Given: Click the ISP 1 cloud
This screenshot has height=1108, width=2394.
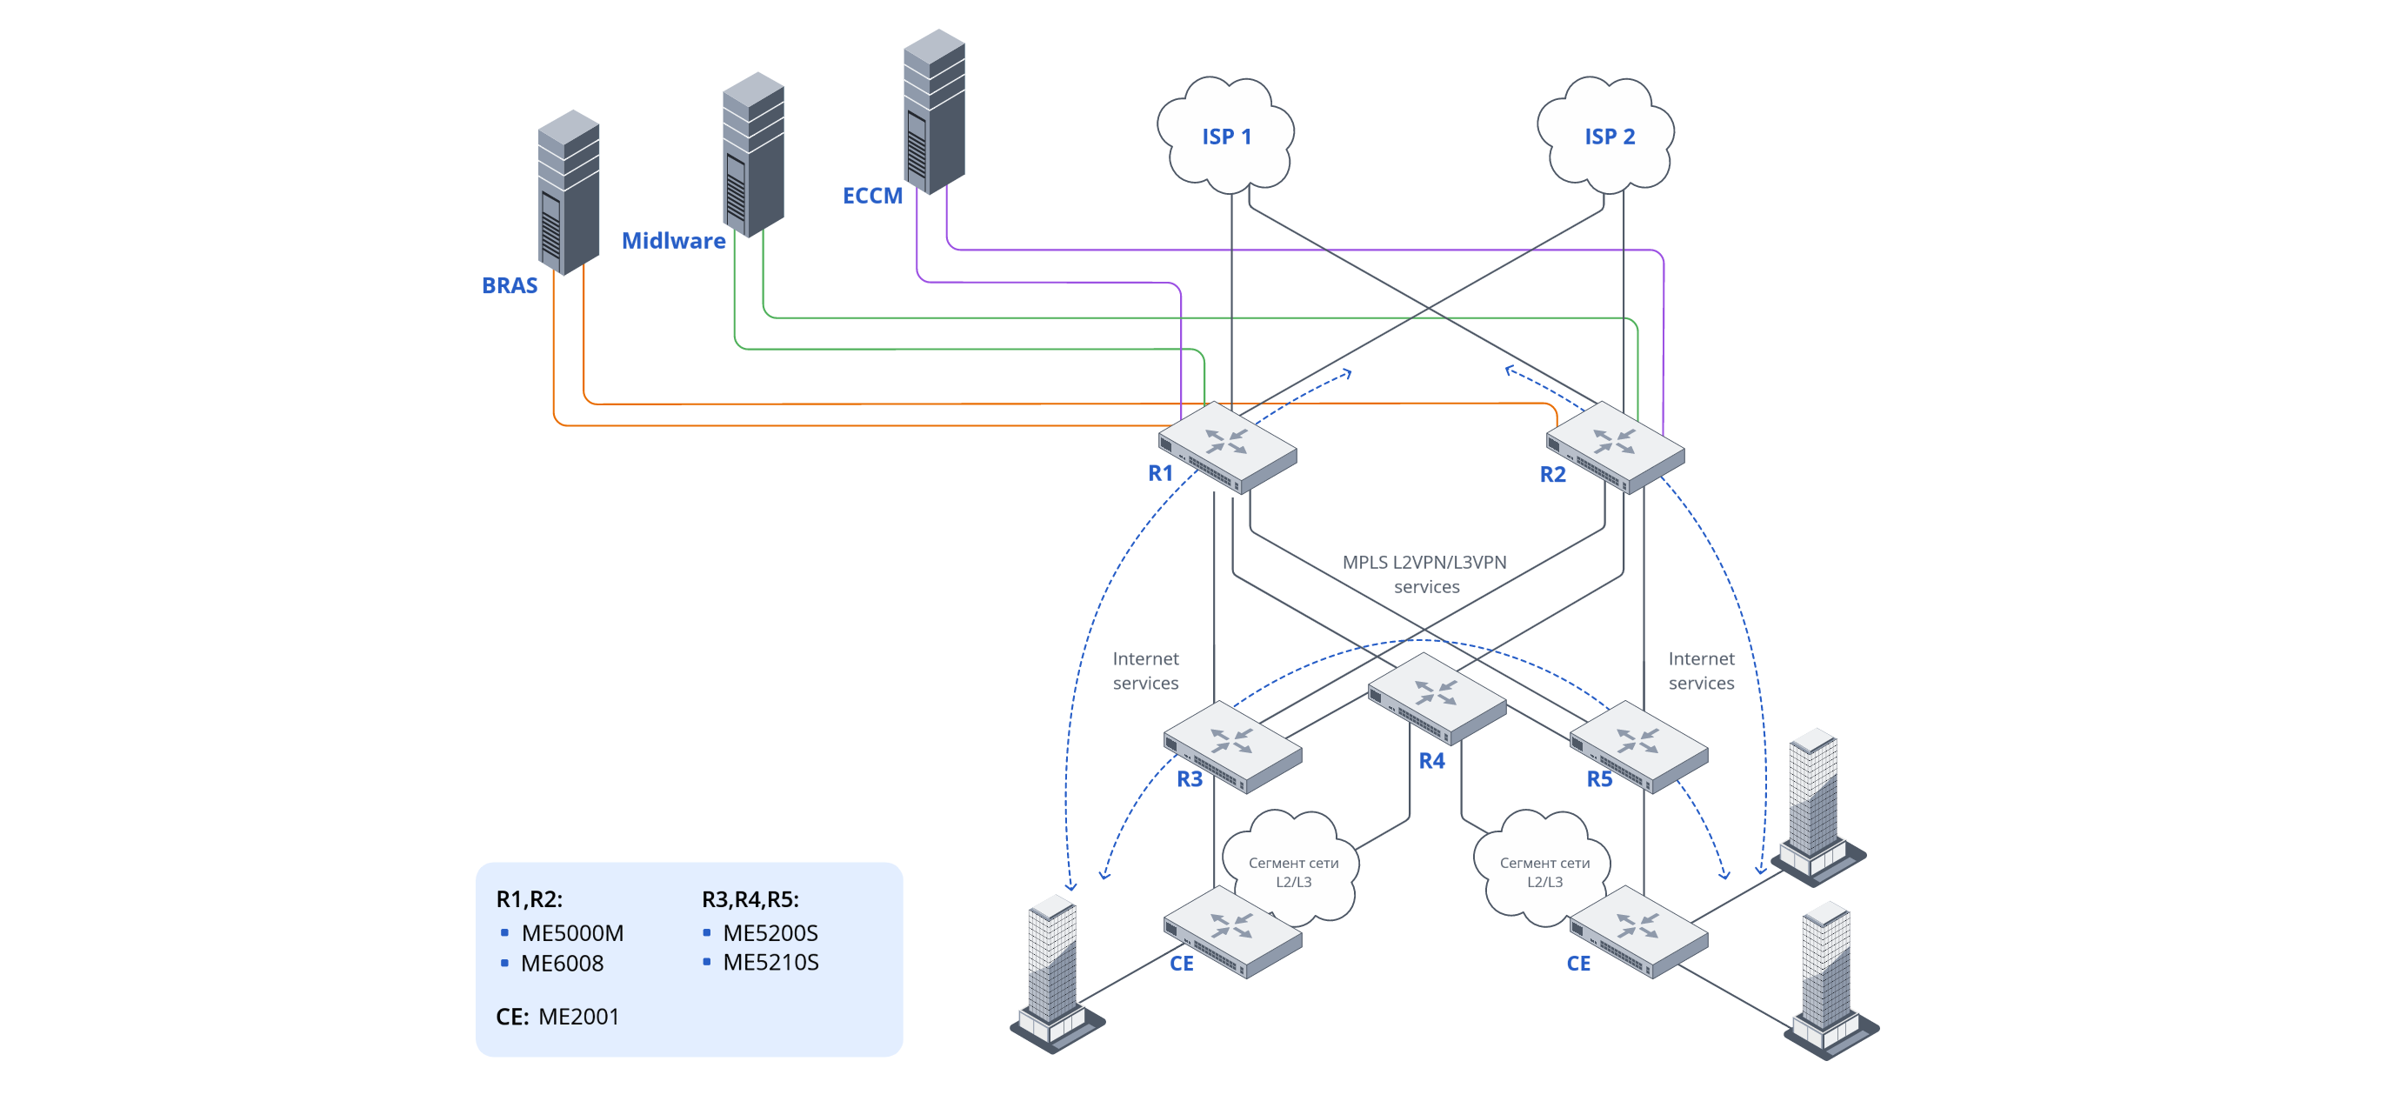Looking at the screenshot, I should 1226,136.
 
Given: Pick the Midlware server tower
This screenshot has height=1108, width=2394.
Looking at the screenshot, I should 753,153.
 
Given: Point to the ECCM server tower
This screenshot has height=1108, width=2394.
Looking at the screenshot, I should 934,110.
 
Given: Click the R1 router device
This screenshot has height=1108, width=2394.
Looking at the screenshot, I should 1227,446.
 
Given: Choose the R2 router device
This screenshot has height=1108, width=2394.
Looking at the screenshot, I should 1615,446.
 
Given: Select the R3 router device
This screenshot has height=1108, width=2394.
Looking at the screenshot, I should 1232,745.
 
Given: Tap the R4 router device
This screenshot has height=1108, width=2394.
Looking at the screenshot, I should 1436,698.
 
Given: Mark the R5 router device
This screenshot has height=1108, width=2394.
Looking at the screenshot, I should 1638,745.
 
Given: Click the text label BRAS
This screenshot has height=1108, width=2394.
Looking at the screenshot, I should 510,285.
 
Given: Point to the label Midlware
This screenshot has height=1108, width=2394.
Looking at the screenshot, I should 673,241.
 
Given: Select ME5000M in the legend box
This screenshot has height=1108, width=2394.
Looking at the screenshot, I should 571,932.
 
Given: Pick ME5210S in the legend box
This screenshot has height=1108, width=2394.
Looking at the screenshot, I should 770,962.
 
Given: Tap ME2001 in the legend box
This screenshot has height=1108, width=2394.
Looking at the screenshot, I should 578,1016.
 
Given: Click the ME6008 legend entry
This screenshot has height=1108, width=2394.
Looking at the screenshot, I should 562,963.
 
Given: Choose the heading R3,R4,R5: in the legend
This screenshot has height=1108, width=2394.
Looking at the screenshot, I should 750,899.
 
